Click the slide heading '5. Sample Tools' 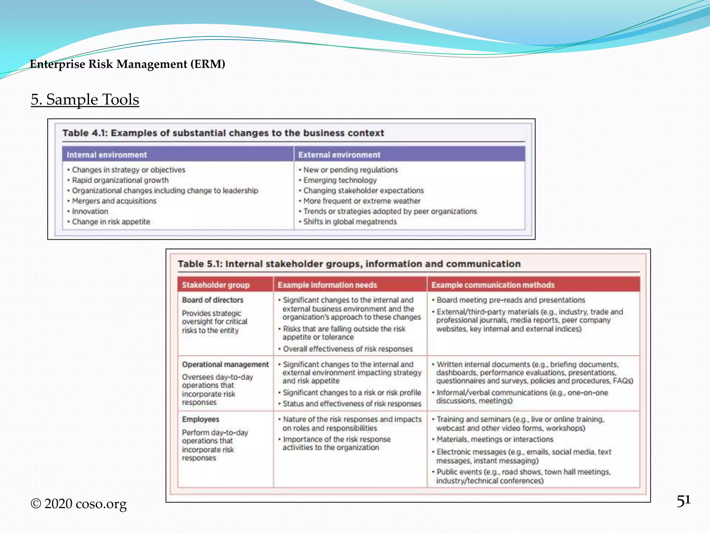click(85, 100)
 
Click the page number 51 click(683, 501)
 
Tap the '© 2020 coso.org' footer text click(79, 504)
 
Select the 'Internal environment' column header click(107, 155)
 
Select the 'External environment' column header click(339, 155)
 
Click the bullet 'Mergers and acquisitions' click(114, 201)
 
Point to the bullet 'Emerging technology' click(340, 180)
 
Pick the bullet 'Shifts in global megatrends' click(350, 222)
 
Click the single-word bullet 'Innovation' click(90, 211)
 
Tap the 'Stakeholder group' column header click(216, 285)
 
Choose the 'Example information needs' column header click(327, 285)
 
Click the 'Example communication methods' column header click(493, 285)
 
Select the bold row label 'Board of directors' click(213, 300)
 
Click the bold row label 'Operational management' click(225, 364)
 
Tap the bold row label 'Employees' click(200, 419)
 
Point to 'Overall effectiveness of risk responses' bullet click(348, 349)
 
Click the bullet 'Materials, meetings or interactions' click(495, 439)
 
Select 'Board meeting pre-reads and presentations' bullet click(511, 300)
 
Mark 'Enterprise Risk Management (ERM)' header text click(128, 64)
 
